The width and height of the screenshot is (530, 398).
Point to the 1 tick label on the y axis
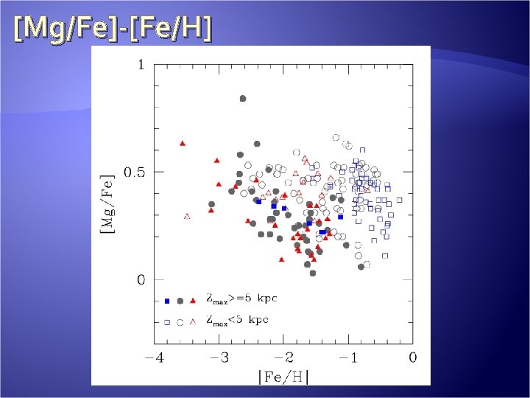pyautogui.click(x=140, y=65)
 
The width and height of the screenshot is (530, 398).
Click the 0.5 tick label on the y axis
pyautogui.click(x=135, y=172)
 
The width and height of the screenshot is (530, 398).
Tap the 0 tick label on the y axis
pyautogui.click(x=140, y=280)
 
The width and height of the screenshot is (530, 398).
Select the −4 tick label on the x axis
pyautogui.click(x=154, y=357)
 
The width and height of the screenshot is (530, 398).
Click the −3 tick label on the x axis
pyautogui.click(x=219, y=357)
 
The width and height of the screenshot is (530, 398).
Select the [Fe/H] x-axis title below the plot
pyautogui.click(x=283, y=377)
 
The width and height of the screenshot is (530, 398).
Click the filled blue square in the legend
pyautogui.click(x=167, y=301)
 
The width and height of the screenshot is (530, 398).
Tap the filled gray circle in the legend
pyautogui.click(x=180, y=301)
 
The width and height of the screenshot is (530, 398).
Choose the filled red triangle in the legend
pyautogui.click(x=193, y=300)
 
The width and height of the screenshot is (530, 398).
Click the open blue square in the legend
pyautogui.click(x=167, y=322)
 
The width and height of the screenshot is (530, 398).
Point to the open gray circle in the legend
pyautogui.click(x=180, y=322)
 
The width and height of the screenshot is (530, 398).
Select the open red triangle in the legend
pyautogui.click(x=193, y=321)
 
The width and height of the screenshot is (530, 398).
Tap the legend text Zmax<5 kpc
pyautogui.click(x=237, y=321)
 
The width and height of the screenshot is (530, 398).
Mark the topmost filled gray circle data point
pyautogui.click(x=243, y=98)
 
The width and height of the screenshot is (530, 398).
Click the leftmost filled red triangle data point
pyautogui.click(x=183, y=143)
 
